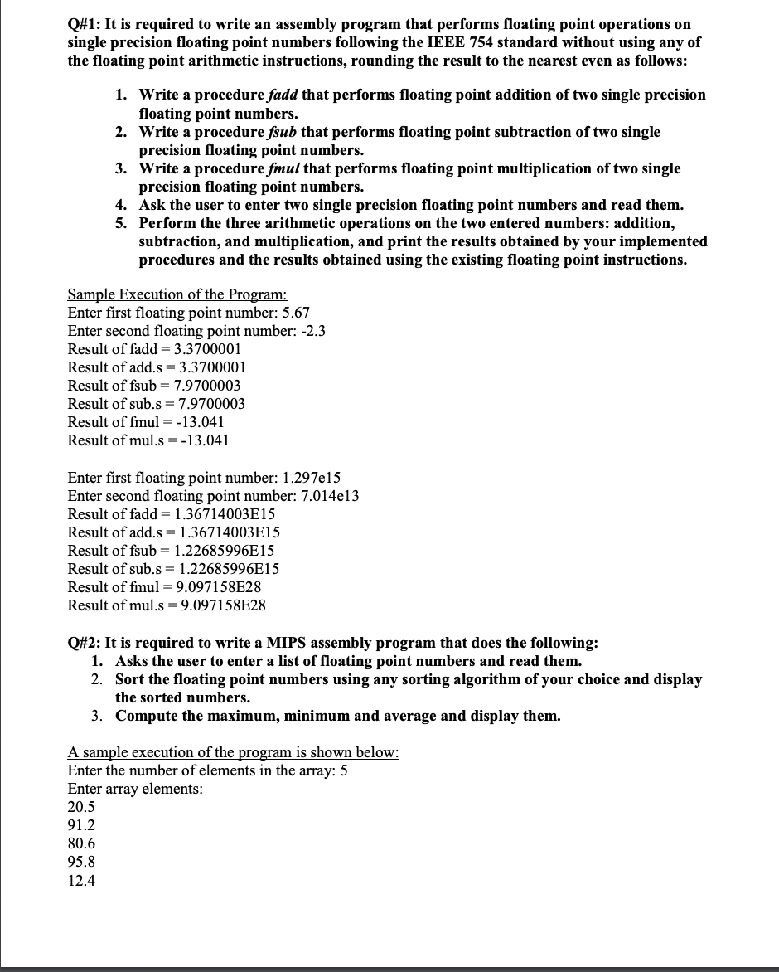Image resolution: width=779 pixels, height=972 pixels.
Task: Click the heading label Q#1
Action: tap(83, 25)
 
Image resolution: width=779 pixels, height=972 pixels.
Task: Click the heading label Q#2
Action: tap(83, 644)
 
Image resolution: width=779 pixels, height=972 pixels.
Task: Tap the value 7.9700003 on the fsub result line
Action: tap(207, 386)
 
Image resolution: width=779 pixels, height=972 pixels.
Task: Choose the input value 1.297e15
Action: tap(312, 478)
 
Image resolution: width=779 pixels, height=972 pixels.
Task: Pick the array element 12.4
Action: tap(81, 881)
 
